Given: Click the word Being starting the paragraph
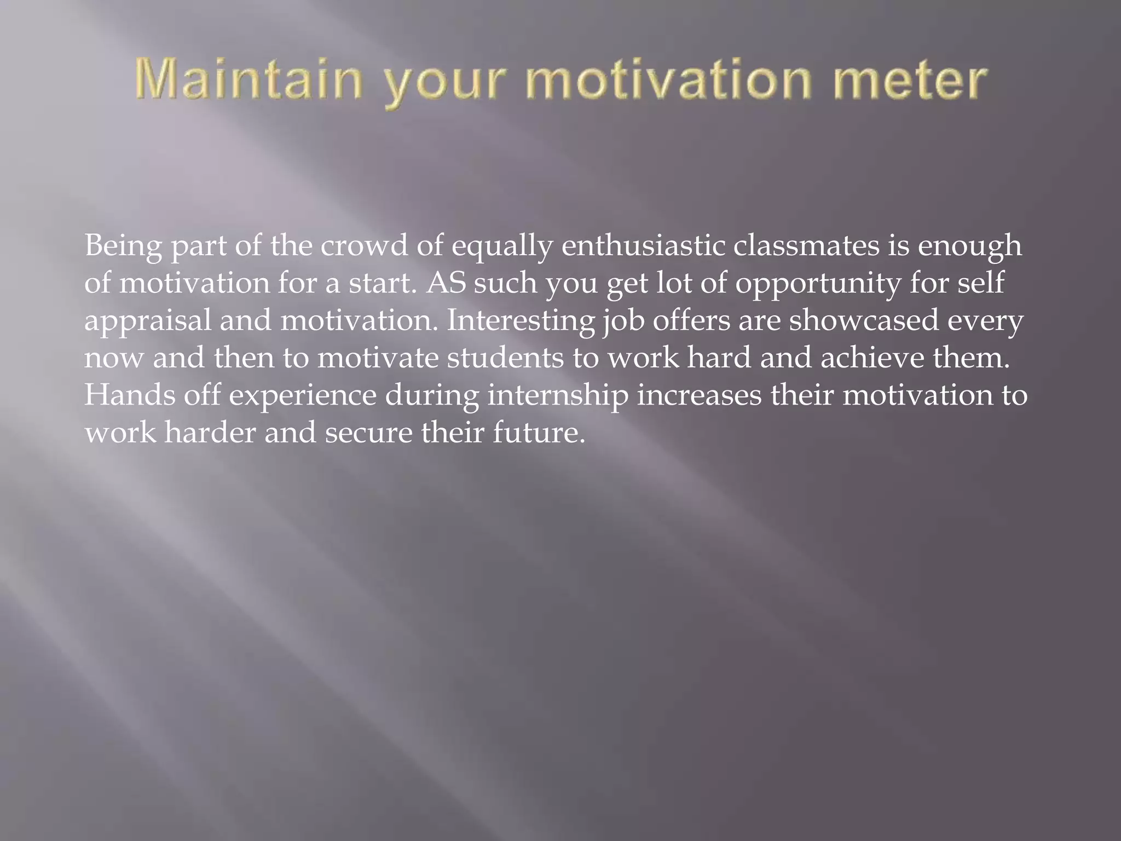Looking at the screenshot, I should click(123, 247).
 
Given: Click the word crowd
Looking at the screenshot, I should click(364, 246).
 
